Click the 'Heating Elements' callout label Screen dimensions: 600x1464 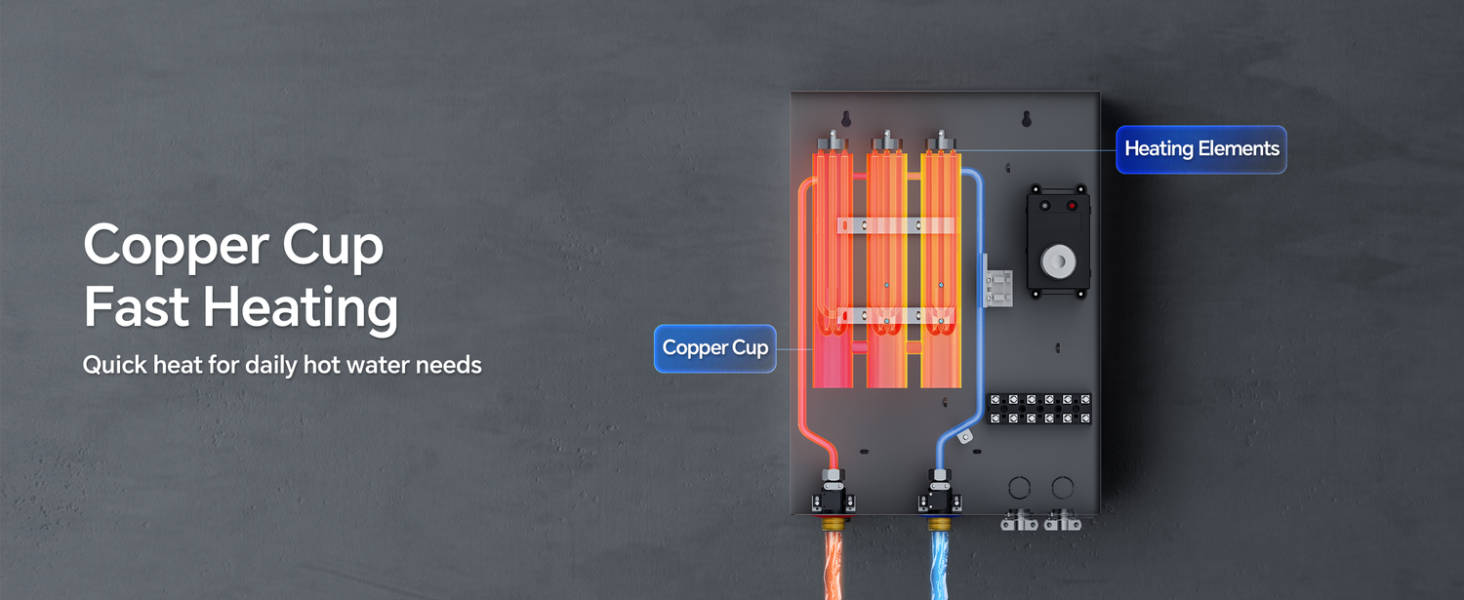[x=1200, y=149]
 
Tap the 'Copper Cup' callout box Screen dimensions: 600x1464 [x=714, y=348]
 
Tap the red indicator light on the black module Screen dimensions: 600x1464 [x=1072, y=206]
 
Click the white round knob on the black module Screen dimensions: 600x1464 [x=1057, y=261]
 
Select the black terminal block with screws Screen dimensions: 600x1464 [x=1039, y=409]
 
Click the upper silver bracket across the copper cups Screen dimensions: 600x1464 [x=895, y=225]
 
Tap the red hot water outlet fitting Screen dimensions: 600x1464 [x=833, y=497]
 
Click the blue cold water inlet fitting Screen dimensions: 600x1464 [x=939, y=497]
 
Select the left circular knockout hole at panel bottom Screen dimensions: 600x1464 [x=1018, y=487]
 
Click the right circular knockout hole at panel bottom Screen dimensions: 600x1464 [x=1061, y=487]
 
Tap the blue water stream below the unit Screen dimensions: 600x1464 [x=942, y=566]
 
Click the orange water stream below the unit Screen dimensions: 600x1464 [x=835, y=566]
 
